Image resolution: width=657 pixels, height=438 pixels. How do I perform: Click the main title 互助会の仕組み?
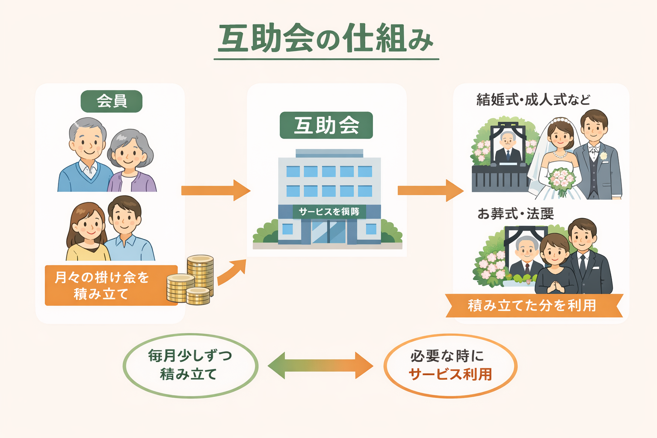point(326,38)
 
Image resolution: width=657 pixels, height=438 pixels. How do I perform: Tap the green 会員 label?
point(111,101)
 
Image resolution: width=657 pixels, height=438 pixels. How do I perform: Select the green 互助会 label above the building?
point(326,125)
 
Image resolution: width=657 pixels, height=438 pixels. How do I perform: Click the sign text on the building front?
point(328,211)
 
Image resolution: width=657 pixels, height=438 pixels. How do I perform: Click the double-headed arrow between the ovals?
point(320,366)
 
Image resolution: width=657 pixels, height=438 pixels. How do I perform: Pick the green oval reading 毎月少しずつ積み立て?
point(190,366)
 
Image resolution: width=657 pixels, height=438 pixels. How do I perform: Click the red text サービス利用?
point(450,374)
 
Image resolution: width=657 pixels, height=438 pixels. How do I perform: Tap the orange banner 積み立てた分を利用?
point(533,305)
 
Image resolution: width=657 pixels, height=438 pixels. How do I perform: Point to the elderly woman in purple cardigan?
point(130,163)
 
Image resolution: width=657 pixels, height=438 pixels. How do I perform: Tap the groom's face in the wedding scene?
point(593,126)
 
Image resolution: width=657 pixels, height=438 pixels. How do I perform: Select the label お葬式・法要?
point(515,213)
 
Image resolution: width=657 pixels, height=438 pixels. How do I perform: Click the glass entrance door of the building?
point(328,232)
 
